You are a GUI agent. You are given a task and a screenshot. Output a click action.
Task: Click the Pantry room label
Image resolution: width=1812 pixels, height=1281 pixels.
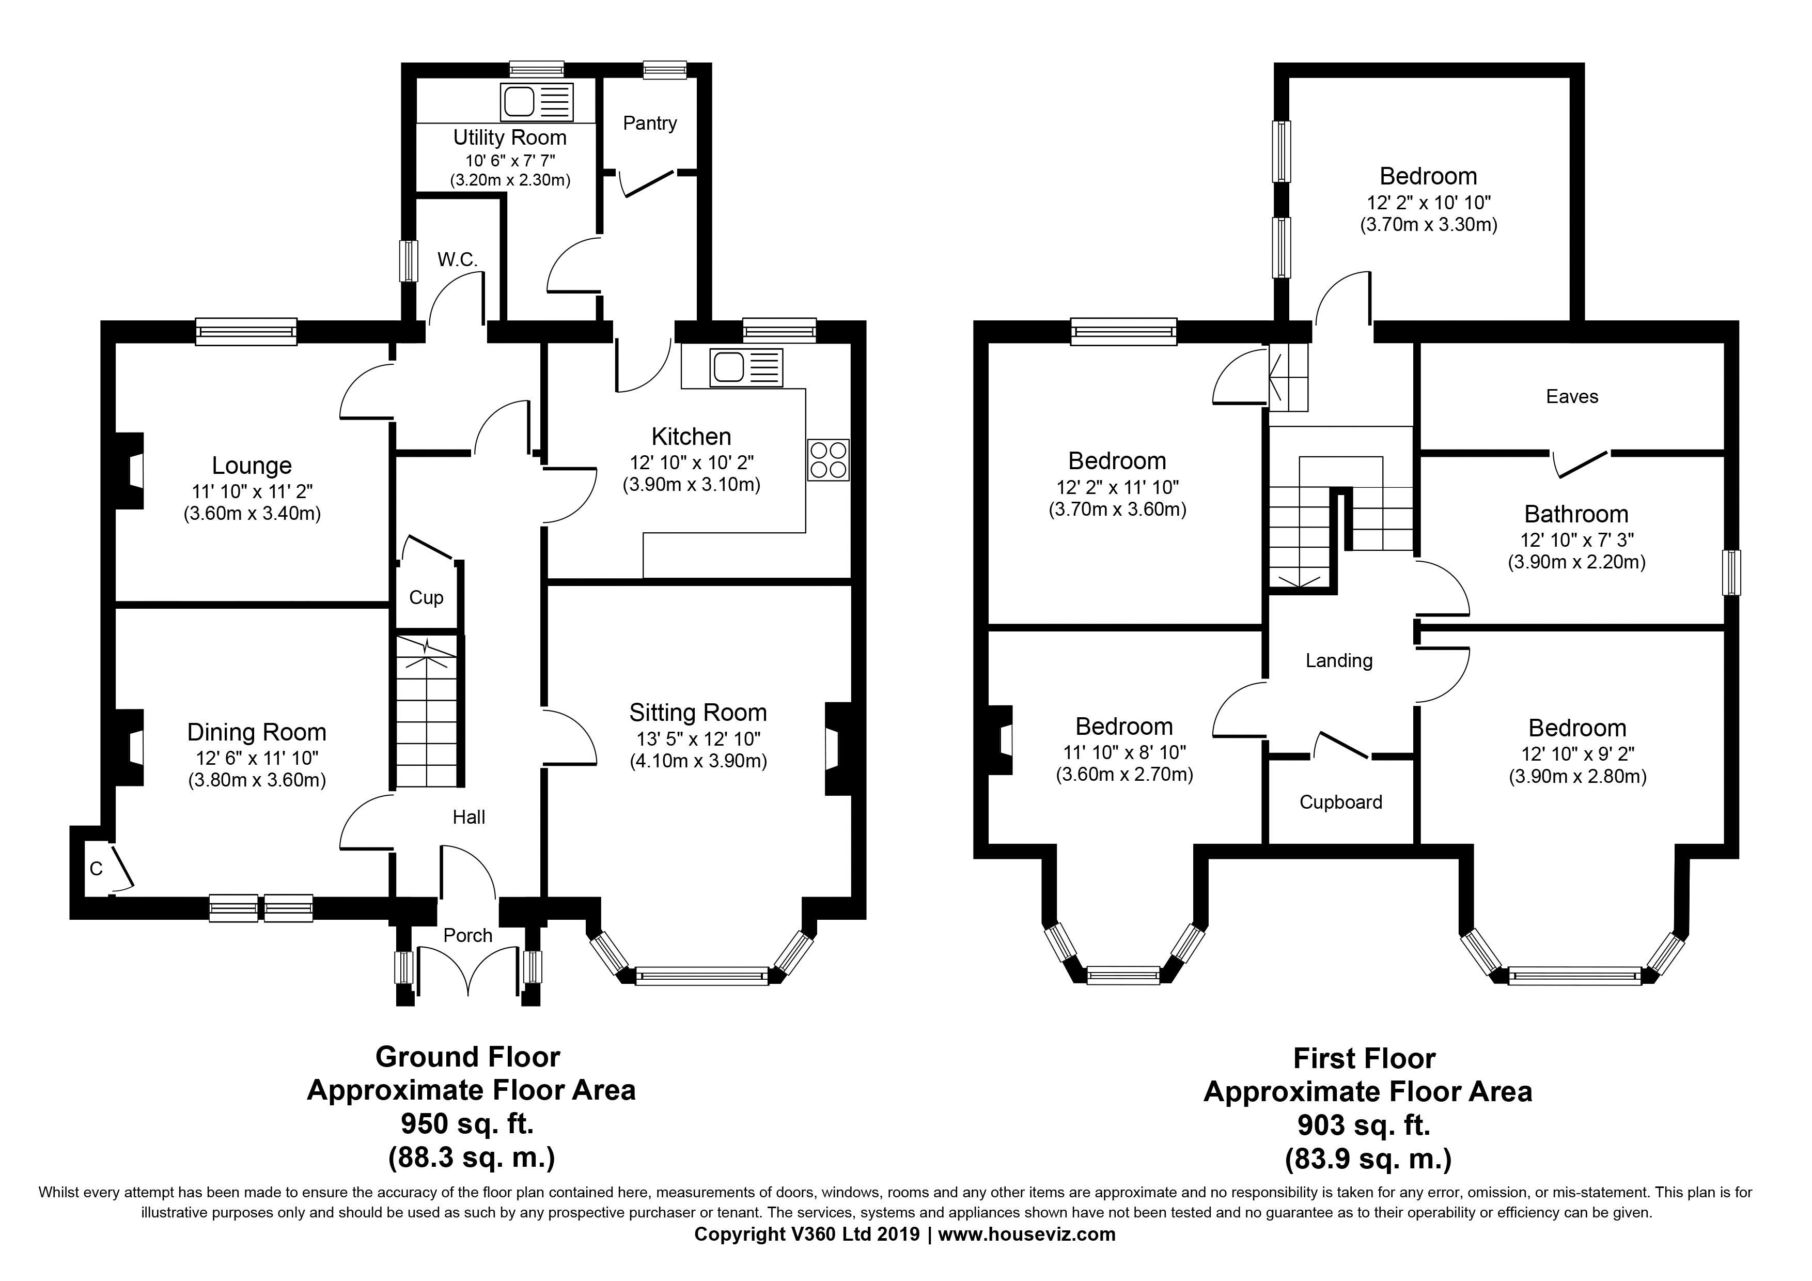point(649,123)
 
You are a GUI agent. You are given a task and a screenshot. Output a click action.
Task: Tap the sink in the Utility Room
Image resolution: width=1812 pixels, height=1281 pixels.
point(537,102)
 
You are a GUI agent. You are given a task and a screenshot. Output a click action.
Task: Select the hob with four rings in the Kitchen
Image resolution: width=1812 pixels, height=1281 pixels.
point(829,459)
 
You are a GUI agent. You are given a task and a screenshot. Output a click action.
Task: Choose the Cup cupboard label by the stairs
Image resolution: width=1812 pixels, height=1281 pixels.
point(426,597)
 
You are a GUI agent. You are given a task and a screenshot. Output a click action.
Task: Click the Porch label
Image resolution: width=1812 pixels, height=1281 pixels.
point(468,935)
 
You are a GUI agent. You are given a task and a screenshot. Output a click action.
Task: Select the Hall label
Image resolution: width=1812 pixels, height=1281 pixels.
point(469,817)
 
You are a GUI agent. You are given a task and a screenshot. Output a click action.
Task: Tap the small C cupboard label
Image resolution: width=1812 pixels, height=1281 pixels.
point(96,869)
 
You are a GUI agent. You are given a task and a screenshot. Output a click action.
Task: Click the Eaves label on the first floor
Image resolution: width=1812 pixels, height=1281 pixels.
point(1572,396)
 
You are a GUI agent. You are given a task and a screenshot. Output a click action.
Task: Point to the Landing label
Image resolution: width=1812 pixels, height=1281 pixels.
point(1339,660)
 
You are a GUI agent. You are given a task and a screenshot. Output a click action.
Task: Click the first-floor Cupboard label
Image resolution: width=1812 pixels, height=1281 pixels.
point(1341,802)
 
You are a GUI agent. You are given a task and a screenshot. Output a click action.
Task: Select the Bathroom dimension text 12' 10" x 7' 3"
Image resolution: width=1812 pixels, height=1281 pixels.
point(1577,540)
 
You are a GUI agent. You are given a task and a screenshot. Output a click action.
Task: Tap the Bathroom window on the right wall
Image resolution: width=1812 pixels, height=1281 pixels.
point(1731,573)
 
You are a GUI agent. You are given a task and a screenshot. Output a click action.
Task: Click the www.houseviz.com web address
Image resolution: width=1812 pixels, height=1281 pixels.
point(1027,1234)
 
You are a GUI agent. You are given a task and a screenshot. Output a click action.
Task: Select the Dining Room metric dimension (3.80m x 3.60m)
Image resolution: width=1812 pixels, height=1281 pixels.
point(257,781)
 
